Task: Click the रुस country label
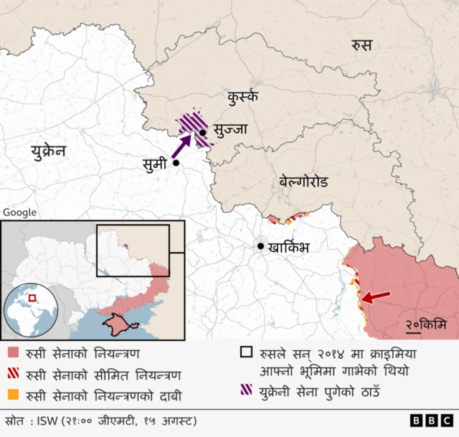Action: pos(361,45)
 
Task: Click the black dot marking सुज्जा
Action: pos(203,132)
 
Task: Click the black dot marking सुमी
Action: pos(176,164)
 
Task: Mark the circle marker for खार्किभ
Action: pos(261,246)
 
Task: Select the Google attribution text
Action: pos(20,212)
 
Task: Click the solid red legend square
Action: pos(13,354)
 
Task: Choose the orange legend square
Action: pos(13,394)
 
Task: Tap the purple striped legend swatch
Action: pos(246,391)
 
